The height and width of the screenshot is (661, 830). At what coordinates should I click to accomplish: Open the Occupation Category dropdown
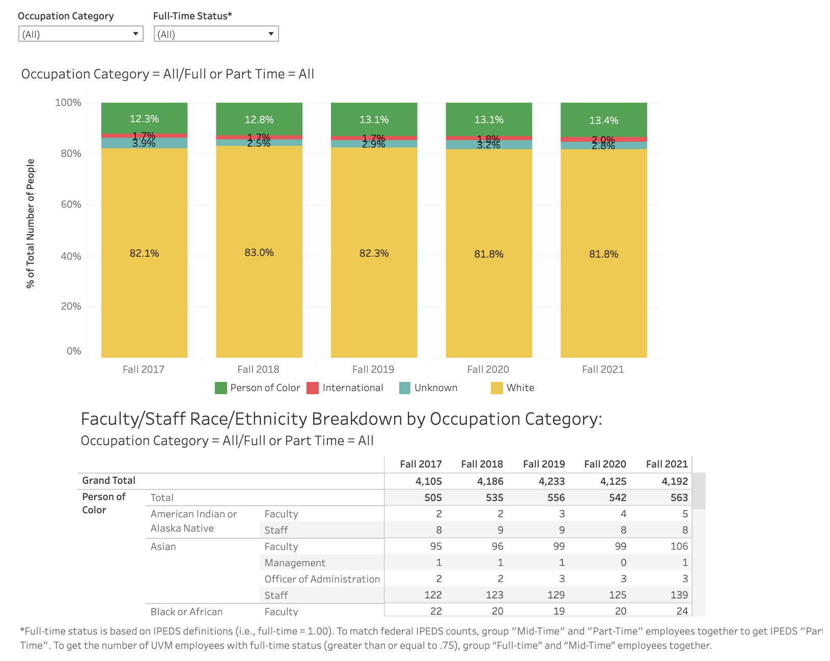80,34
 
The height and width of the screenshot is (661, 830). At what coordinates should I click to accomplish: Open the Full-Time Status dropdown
216,34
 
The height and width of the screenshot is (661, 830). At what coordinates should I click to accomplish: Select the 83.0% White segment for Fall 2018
259,253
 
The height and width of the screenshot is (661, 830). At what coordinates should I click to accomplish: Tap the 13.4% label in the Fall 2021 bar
603,121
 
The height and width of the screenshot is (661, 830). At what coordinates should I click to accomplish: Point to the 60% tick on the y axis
71,205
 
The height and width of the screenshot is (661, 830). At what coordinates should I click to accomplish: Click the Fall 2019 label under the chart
373,369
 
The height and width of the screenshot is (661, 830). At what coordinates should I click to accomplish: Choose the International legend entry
352,388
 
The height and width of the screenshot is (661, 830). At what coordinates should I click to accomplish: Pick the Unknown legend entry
435,388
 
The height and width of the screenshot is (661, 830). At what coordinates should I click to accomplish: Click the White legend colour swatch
497,388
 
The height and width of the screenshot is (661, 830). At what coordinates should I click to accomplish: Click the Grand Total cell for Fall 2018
490,481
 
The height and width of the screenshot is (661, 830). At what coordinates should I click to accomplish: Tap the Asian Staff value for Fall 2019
556,595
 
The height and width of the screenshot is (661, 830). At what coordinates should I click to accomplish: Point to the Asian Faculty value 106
679,546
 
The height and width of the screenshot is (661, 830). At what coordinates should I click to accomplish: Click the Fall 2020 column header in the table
605,464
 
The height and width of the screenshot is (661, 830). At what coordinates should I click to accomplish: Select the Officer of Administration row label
322,579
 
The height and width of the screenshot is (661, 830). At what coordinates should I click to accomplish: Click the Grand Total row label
109,481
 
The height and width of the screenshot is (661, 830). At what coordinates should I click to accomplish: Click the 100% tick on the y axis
68,103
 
